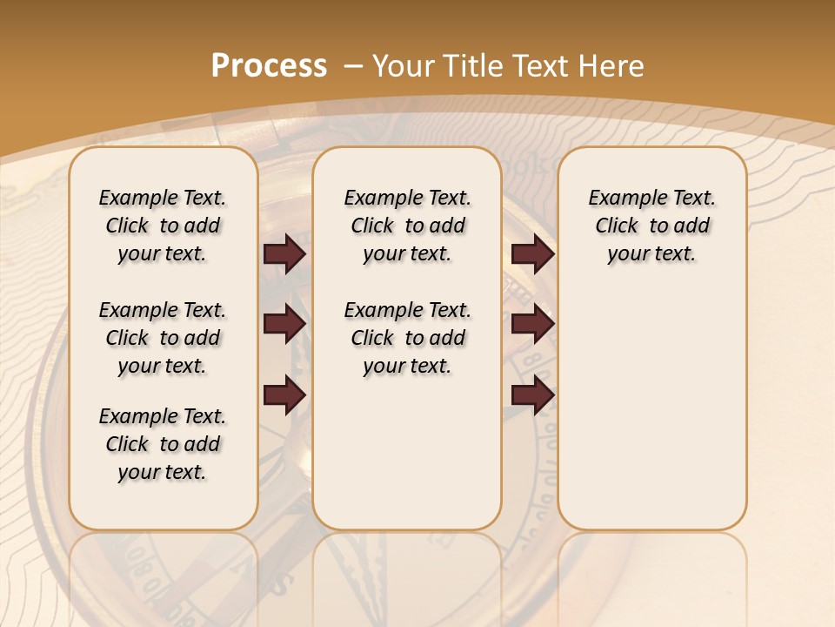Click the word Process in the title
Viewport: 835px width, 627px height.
[269, 66]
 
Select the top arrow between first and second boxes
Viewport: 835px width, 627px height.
[284, 253]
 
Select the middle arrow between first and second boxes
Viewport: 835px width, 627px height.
[284, 324]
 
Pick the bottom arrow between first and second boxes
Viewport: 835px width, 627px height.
[284, 395]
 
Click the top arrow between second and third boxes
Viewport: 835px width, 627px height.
[532, 253]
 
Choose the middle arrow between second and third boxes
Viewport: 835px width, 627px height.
[532, 324]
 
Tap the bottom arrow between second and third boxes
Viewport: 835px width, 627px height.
[532, 395]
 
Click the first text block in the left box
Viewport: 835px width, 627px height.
[163, 226]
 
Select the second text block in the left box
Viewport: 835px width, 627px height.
[163, 338]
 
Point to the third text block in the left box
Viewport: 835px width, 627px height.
[163, 444]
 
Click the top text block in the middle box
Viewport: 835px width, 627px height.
[407, 226]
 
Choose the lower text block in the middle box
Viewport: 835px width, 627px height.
[407, 338]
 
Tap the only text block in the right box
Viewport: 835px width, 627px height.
[651, 226]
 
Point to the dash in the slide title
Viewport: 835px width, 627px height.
[353, 66]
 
